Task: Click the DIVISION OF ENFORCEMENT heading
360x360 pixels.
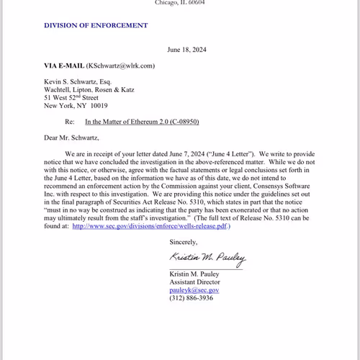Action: (x=96, y=25)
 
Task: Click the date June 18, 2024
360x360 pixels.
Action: (x=187, y=50)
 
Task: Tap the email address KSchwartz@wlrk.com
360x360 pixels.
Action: (x=121, y=66)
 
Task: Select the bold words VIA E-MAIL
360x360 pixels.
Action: (x=64, y=66)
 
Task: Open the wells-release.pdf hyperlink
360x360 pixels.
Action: (x=156, y=225)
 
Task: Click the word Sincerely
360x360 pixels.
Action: (x=184, y=242)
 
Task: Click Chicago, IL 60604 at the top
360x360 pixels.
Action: (x=180, y=3)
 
